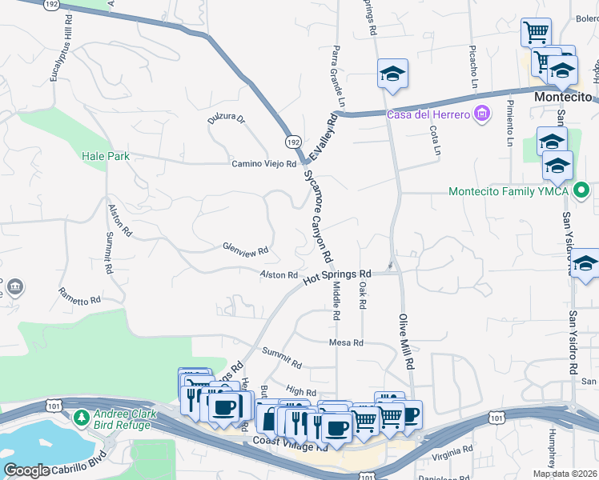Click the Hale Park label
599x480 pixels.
(105, 157)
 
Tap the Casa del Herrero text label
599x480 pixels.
(428, 114)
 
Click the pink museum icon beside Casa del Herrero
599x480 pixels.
(481, 114)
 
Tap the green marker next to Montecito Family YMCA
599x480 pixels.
(584, 191)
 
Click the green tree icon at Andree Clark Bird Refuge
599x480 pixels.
(81, 418)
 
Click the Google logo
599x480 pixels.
(26, 470)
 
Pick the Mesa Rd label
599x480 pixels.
(346, 342)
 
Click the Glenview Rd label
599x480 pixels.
(245, 250)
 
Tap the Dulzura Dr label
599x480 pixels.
(226, 120)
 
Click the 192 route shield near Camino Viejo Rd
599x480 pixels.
(293, 141)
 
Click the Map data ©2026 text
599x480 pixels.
(565, 474)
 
